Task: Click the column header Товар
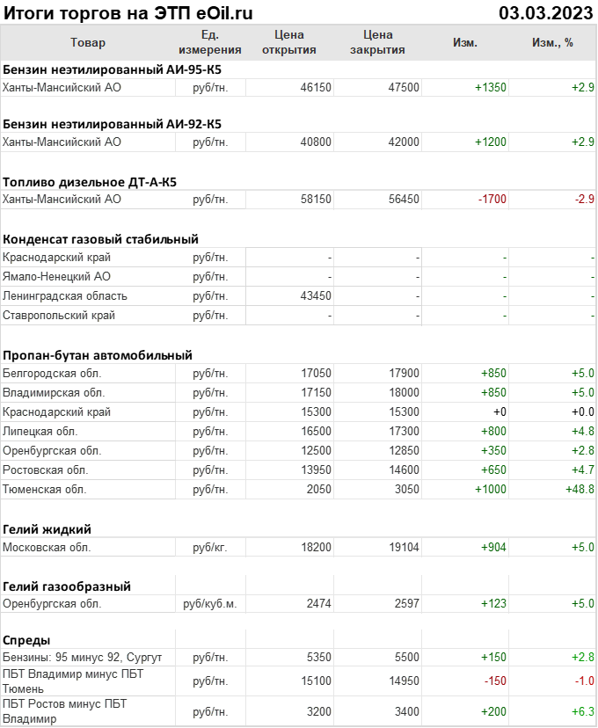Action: (x=87, y=42)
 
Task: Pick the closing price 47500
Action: (x=404, y=88)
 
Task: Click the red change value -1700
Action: (x=492, y=200)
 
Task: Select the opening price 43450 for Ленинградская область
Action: (x=316, y=296)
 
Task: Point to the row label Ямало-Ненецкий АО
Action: (x=57, y=277)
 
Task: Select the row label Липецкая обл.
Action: (x=40, y=432)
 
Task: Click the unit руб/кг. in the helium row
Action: (x=210, y=547)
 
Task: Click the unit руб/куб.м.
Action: (x=209, y=604)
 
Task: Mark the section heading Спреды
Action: (x=26, y=640)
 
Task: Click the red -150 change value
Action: (x=495, y=681)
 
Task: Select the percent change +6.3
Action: (x=582, y=711)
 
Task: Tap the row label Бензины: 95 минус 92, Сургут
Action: (x=83, y=658)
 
